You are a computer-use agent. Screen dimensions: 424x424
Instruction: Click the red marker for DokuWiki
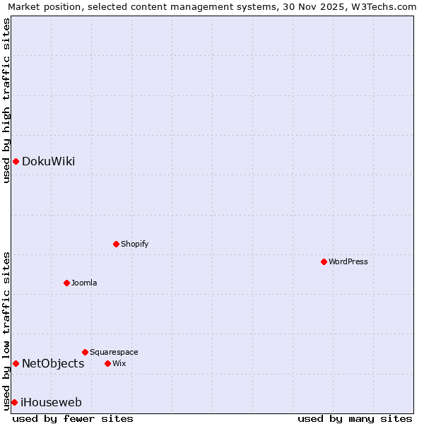[x=16, y=162]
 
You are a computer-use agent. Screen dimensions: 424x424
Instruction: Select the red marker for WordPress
[x=324, y=261]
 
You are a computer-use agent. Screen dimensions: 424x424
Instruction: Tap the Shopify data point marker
[x=116, y=244]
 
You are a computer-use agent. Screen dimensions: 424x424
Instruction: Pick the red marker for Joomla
[x=66, y=283]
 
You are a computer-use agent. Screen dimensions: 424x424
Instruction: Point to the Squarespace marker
[x=85, y=352]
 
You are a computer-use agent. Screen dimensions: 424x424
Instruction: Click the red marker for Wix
[x=107, y=363]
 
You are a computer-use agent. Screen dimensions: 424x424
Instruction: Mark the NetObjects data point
[x=16, y=363]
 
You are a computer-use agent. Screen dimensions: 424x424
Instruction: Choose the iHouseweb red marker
[x=14, y=402]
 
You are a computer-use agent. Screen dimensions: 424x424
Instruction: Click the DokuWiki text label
[x=48, y=162]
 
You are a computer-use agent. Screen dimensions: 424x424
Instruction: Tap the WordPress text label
[x=348, y=261]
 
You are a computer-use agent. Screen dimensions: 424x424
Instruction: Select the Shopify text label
[x=134, y=244]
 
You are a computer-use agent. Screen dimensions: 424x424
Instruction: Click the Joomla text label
[x=84, y=283]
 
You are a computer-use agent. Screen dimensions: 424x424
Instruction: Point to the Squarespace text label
[x=114, y=352]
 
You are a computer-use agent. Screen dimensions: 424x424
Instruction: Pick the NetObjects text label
[x=53, y=363]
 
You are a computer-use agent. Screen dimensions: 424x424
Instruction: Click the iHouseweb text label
[x=52, y=402]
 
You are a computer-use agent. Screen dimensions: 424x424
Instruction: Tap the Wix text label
[x=119, y=363]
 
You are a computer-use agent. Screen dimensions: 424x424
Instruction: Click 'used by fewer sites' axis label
[x=73, y=418]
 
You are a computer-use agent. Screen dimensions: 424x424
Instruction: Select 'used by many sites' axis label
[x=355, y=418]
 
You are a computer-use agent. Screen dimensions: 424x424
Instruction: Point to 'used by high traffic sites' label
[x=7, y=100]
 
